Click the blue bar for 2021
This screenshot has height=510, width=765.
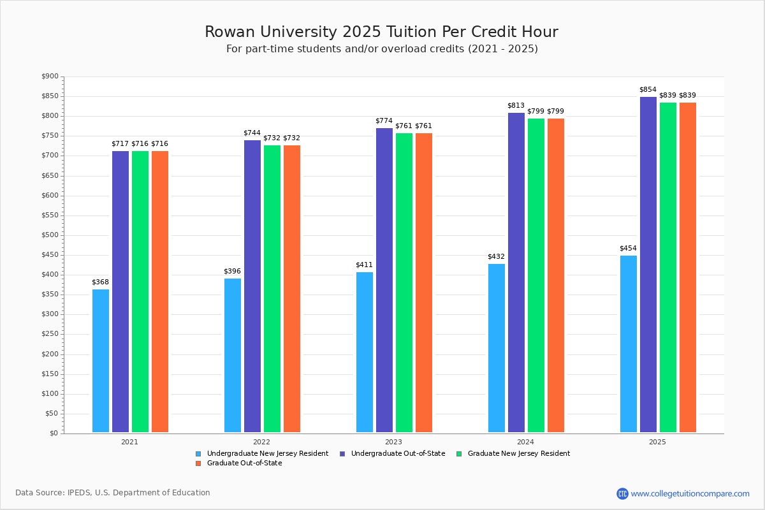(101, 361)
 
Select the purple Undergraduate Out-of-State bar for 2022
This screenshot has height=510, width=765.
(252, 286)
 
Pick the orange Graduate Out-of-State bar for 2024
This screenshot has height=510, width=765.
(556, 275)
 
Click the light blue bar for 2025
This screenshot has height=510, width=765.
(629, 344)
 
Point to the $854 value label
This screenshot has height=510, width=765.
(648, 90)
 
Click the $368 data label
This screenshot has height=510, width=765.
(100, 282)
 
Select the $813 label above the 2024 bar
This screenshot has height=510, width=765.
(516, 106)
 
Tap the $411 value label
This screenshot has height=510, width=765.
(364, 265)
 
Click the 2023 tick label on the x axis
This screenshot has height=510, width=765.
(393, 441)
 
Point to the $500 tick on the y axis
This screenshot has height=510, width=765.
(50, 235)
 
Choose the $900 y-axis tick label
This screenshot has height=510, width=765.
(50, 76)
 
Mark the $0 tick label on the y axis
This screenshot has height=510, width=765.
(54, 433)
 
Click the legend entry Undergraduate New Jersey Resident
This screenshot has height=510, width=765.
(267, 454)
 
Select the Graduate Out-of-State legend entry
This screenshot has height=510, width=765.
(244, 463)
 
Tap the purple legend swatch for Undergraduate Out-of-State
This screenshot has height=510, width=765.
(342, 454)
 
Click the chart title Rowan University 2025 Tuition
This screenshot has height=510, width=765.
(381, 32)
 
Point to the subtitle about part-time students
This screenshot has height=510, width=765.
(382, 49)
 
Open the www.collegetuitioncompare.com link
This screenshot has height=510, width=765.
(690, 493)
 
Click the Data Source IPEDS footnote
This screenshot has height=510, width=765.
(113, 493)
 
